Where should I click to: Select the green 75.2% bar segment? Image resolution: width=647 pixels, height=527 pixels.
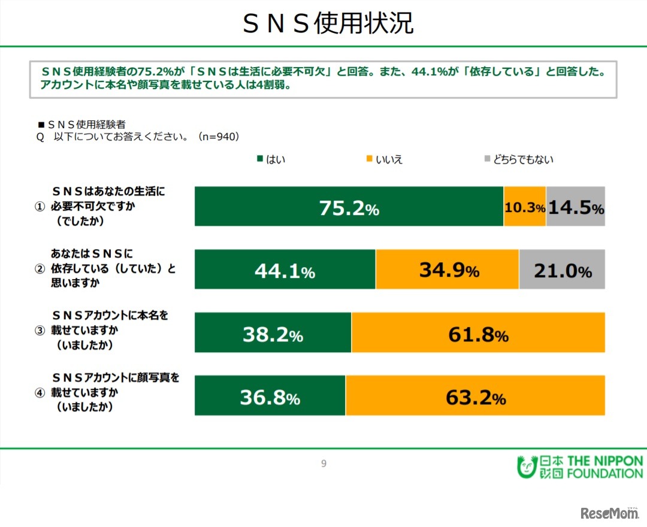click(349, 206)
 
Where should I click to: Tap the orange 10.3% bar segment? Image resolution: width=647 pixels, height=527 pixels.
click(524, 206)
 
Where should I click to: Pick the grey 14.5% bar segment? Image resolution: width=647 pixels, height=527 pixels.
click(575, 206)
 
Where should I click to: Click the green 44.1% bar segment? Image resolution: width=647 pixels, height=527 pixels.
click(285, 269)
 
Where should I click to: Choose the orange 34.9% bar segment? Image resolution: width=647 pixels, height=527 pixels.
click(447, 269)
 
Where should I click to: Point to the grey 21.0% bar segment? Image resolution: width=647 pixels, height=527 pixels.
click(562, 269)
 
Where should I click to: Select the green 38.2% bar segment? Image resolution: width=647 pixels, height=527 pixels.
click(273, 332)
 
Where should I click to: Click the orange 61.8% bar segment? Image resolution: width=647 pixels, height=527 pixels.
click(478, 332)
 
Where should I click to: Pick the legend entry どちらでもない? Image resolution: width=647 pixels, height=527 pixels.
click(518, 159)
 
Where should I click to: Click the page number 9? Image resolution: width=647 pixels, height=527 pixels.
click(323, 464)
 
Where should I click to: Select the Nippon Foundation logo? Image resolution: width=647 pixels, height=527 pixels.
click(579, 467)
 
